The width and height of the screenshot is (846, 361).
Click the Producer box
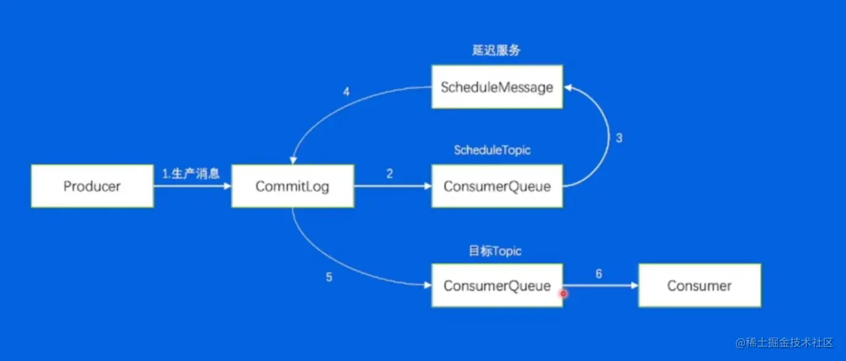pyautogui.click(x=92, y=186)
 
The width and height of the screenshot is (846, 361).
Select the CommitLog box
pyautogui.click(x=293, y=186)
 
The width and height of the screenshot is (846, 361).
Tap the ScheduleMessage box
pyautogui.click(x=497, y=87)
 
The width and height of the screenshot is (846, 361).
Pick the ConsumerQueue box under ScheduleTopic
pyautogui.click(x=497, y=186)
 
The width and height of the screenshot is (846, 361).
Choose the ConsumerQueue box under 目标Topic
pyautogui.click(x=497, y=286)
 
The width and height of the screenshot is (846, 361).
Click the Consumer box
pyautogui.click(x=700, y=286)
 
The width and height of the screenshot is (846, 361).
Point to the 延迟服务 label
pyautogui.click(x=496, y=50)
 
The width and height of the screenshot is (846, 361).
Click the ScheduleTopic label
pyautogui.click(x=492, y=150)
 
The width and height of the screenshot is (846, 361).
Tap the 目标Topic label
pyautogui.click(x=495, y=251)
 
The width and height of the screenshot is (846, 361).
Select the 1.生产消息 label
pyautogui.click(x=191, y=174)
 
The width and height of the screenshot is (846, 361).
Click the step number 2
pyautogui.click(x=390, y=174)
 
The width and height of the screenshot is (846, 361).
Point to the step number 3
pyautogui.click(x=619, y=138)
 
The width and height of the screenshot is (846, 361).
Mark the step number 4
pyautogui.click(x=346, y=91)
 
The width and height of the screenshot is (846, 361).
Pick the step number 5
pyautogui.click(x=329, y=277)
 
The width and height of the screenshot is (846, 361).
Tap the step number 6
pyautogui.click(x=599, y=274)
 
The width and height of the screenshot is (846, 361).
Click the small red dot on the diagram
pyautogui.click(x=564, y=294)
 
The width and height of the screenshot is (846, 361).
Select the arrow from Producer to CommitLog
pyautogui.click(x=193, y=186)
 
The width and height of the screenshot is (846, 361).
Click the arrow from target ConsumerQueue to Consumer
pyautogui.click(x=601, y=286)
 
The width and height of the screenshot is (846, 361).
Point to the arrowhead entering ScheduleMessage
pyautogui.click(x=567, y=87)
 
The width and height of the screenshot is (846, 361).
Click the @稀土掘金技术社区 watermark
pyautogui.click(x=784, y=343)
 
